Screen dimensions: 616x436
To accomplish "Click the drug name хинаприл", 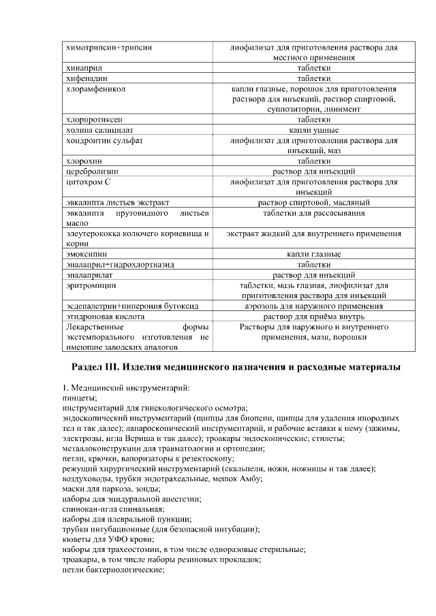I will [x=84, y=69].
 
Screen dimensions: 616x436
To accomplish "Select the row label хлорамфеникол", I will [x=94, y=89].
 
